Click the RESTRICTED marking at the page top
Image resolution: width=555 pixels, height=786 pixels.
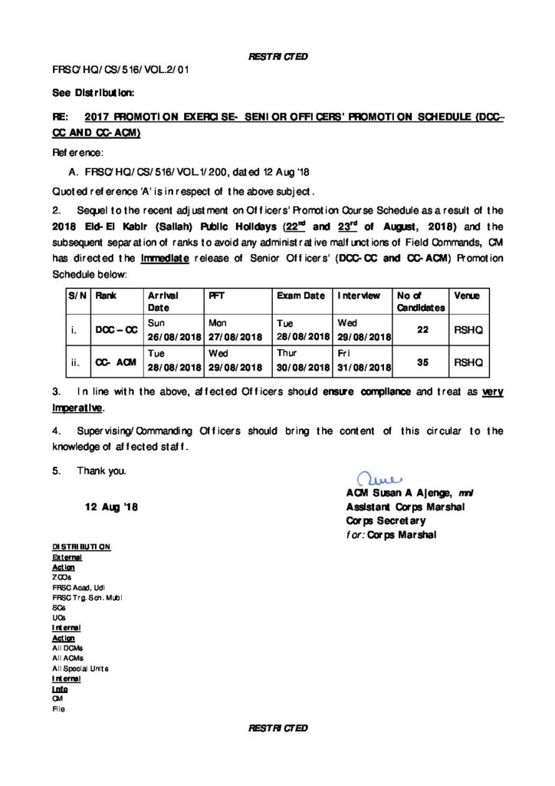point(277,56)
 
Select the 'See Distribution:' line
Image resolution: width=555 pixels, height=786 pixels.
point(94,93)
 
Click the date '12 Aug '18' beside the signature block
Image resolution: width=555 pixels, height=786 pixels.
point(111,508)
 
